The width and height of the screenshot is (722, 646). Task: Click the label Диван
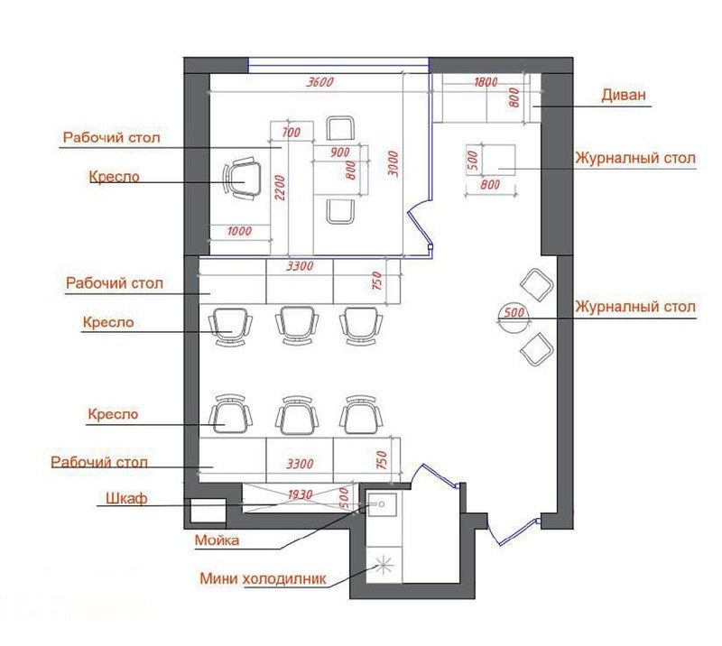pyautogui.click(x=624, y=95)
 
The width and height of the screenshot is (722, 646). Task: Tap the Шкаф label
pyautogui.click(x=126, y=498)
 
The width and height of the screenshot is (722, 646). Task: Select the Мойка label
pyautogui.click(x=217, y=540)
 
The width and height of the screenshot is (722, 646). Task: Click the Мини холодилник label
pyautogui.click(x=263, y=578)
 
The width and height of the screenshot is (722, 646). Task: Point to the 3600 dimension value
pyautogui.click(x=320, y=82)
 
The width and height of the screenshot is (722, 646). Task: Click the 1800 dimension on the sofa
pyautogui.click(x=486, y=82)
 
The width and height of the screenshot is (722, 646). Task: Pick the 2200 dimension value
pyautogui.click(x=280, y=188)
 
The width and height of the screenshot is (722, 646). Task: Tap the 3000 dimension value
pyautogui.click(x=393, y=163)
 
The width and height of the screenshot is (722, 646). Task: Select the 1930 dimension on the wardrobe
pyautogui.click(x=301, y=495)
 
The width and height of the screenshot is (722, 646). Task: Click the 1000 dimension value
pyautogui.click(x=239, y=231)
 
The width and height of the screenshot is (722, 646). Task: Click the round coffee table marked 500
pyautogui.click(x=514, y=318)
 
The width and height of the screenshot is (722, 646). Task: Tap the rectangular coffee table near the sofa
pyautogui.click(x=498, y=160)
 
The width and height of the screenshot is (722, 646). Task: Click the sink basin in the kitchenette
pyautogui.click(x=382, y=505)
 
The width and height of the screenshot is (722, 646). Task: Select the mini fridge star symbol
pyautogui.click(x=384, y=566)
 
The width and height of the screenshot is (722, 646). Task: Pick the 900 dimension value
pyautogui.click(x=340, y=152)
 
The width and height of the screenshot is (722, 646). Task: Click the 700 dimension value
pyautogui.click(x=291, y=133)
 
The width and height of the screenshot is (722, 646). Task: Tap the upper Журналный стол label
pyautogui.click(x=635, y=159)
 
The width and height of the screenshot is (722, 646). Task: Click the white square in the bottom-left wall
pyautogui.click(x=208, y=511)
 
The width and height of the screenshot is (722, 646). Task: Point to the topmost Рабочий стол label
pyautogui.click(x=111, y=138)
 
